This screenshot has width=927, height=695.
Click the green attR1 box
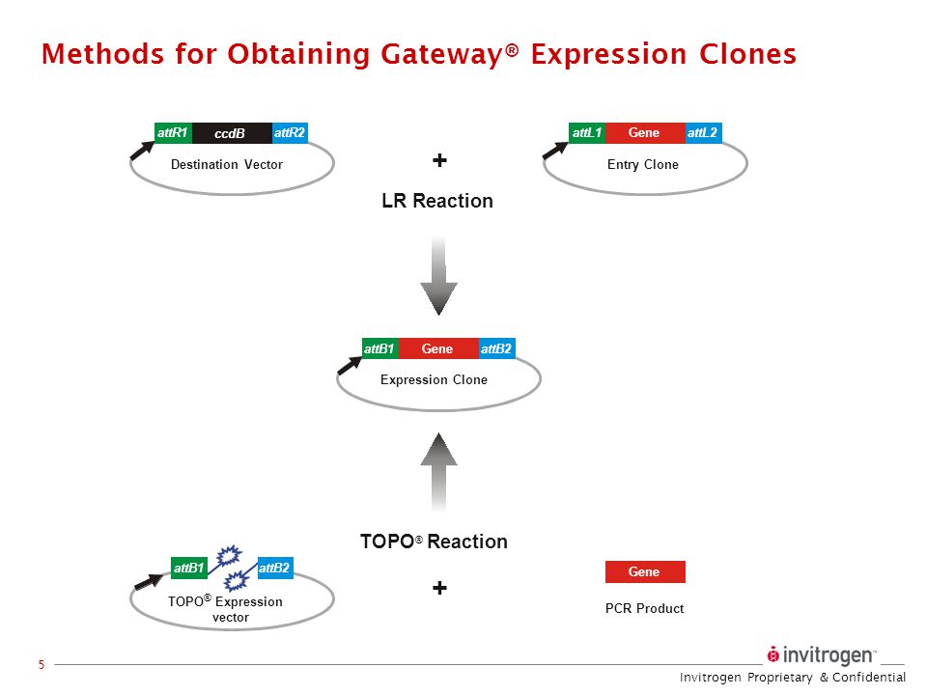point(173,133)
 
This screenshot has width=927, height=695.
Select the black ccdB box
point(231,133)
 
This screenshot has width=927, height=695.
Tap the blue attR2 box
point(290,133)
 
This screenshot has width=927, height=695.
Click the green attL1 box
point(586,133)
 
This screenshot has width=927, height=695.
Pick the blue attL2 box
point(704,133)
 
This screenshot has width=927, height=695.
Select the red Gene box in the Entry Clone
point(644,133)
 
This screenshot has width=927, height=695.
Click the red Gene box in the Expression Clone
point(437,348)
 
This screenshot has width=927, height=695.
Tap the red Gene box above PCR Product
point(644,571)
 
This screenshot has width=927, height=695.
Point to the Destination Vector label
point(227,164)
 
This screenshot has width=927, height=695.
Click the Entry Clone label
point(643,164)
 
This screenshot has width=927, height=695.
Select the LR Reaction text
point(437,201)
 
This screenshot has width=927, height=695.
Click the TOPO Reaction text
point(434,542)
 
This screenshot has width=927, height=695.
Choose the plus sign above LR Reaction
point(440,160)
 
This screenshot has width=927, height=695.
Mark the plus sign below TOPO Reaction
point(440,588)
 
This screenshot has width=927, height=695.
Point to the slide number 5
point(42,664)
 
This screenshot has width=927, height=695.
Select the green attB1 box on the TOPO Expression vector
point(189,569)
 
